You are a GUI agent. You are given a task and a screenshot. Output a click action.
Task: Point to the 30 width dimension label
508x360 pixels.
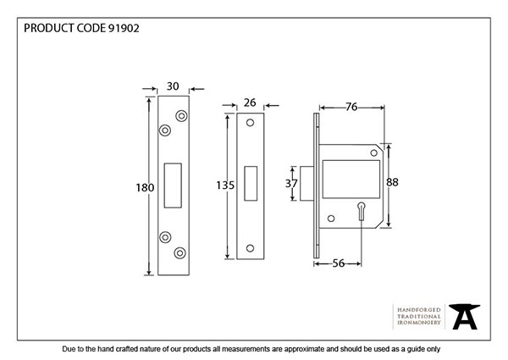point(173,86)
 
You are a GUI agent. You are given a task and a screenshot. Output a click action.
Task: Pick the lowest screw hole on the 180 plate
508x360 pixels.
point(180,252)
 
